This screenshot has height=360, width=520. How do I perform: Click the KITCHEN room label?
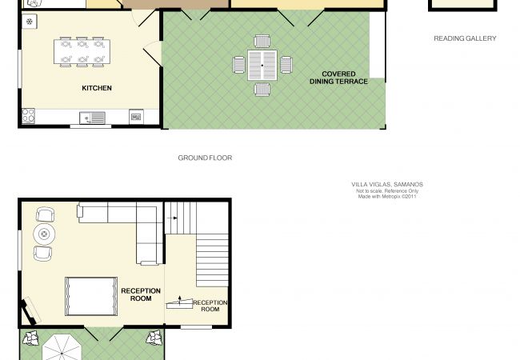click(97, 88)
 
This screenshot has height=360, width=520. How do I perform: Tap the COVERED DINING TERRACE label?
click(338, 78)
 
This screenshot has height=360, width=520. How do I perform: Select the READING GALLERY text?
click(465, 38)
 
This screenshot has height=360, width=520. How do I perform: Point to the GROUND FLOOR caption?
click(205, 158)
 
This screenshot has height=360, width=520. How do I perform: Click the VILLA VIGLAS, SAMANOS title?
click(387, 184)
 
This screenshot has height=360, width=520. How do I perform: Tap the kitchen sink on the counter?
click(93, 118)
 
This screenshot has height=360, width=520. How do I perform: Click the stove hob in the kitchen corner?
click(28, 116)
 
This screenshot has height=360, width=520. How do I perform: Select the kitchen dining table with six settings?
click(82, 52)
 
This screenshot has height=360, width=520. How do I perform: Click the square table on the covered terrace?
click(262, 66)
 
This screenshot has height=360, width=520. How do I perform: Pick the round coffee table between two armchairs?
click(44, 234)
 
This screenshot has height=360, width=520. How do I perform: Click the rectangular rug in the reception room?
click(91, 296)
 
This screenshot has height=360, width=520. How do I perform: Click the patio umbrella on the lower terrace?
click(62, 347)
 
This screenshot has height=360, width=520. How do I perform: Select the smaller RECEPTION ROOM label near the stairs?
click(210, 306)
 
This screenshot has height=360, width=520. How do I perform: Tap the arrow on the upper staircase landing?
click(173, 218)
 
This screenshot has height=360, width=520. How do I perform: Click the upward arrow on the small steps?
click(179, 300)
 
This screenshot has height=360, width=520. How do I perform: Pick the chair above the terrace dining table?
click(262, 42)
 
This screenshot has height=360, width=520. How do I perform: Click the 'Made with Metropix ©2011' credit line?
click(387, 196)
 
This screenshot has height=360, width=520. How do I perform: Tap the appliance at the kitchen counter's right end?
click(136, 117)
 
